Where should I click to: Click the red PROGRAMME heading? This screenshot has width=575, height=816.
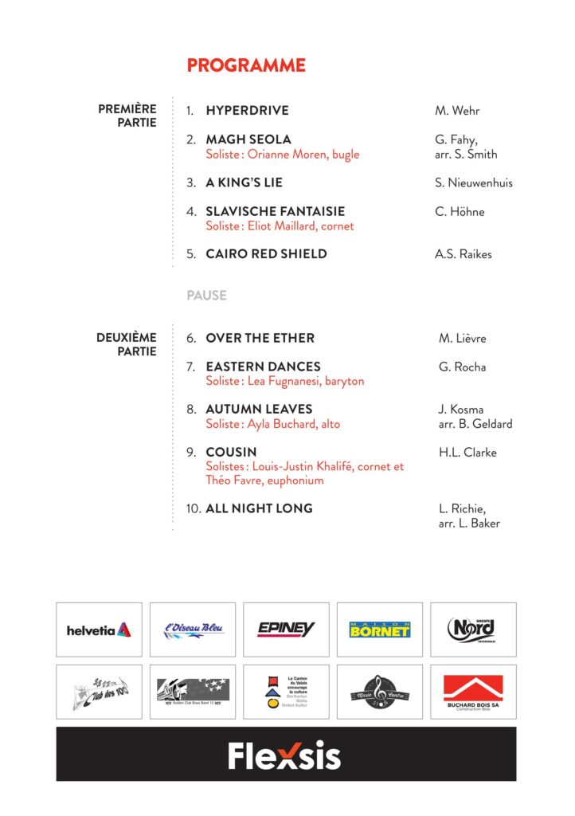246,65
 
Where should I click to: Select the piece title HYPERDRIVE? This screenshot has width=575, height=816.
247,111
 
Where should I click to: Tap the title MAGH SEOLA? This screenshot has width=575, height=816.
248,139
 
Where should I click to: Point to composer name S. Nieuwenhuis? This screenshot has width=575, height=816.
474,183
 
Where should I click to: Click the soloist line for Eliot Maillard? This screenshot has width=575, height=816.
280,226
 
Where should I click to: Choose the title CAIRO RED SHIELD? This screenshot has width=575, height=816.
266,254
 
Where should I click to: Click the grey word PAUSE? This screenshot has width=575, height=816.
206,296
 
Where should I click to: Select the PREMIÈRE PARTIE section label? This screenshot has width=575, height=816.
127,116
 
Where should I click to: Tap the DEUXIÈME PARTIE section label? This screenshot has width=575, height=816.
127,344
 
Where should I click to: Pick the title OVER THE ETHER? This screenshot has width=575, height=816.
260,339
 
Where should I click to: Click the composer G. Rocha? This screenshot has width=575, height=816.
462,367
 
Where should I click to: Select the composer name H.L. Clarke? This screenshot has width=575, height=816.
467,453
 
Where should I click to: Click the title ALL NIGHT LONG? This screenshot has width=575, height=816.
259,508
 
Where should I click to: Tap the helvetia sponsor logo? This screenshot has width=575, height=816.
99,630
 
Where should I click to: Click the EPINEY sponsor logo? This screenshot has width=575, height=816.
286,630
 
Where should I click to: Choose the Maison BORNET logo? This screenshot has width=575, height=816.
380,630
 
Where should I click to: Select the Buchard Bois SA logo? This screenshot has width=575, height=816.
473,692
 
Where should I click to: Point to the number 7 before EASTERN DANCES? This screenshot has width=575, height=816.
191,367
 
